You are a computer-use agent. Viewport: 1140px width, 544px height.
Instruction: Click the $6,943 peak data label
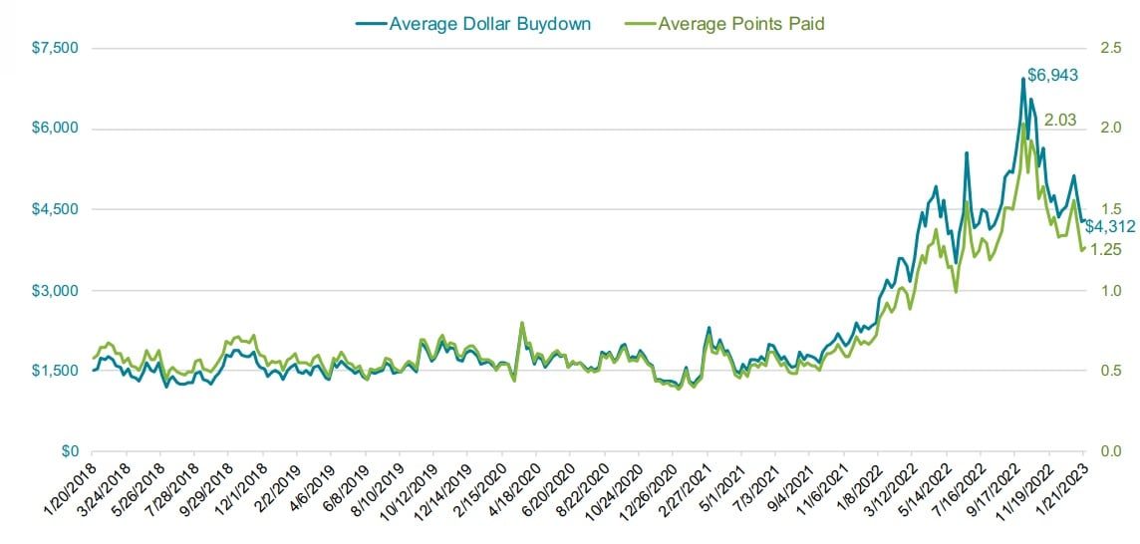click(1052, 75)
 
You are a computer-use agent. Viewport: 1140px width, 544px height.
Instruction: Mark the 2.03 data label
click(1060, 121)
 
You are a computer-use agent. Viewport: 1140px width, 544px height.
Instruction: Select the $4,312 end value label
click(1110, 226)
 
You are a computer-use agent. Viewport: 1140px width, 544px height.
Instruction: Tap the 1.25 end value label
click(1108, 249)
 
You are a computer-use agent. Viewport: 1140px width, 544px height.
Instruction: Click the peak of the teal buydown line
click(1022, 79)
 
